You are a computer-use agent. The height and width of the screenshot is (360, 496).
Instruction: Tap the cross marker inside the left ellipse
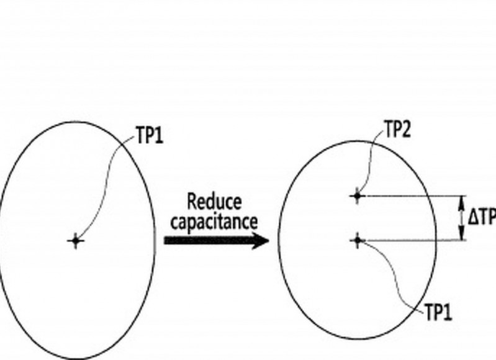[76, 240]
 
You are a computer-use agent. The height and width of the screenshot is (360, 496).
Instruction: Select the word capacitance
[214, 221]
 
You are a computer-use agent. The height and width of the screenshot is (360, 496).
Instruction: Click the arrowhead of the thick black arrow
[261, 240]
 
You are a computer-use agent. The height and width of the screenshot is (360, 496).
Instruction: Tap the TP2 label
[397, 130]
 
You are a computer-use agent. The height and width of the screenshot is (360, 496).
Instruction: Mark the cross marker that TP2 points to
[356, 196]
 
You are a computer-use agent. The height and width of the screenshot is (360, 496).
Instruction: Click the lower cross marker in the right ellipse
[357, 240]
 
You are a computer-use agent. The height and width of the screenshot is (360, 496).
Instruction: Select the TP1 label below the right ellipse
[438, 313]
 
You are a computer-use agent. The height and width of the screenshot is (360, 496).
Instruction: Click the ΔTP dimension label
[482, 218]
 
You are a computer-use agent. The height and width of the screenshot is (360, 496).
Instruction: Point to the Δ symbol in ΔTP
[473, 218]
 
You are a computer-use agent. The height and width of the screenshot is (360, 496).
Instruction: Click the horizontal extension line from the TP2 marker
[410, 196]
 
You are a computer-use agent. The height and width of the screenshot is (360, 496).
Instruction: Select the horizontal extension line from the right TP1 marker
[410, 240]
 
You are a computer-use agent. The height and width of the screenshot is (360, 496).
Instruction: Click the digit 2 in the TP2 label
[406, 130]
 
